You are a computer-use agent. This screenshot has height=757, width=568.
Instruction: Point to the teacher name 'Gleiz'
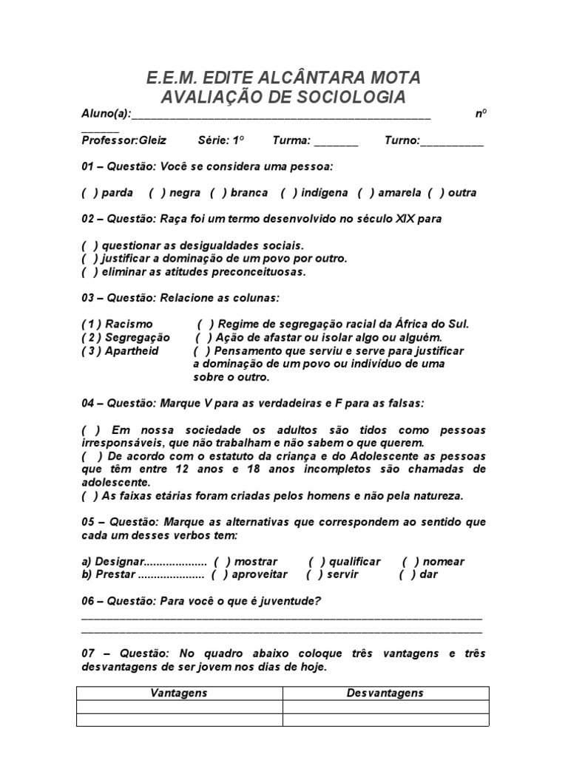point(152,140)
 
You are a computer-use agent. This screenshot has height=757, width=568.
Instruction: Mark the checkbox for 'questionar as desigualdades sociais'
point(89,245)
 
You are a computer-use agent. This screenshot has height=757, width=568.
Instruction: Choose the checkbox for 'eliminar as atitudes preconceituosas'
point(89,271)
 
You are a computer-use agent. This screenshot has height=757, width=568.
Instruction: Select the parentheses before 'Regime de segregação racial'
point(206,324)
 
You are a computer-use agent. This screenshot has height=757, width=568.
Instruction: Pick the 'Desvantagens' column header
point(385,693)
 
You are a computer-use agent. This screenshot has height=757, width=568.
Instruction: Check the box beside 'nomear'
point(411,561)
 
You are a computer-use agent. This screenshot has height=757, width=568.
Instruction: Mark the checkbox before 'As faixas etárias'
point(89,495)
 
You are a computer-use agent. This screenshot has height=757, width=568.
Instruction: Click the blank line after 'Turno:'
point(452,142)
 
